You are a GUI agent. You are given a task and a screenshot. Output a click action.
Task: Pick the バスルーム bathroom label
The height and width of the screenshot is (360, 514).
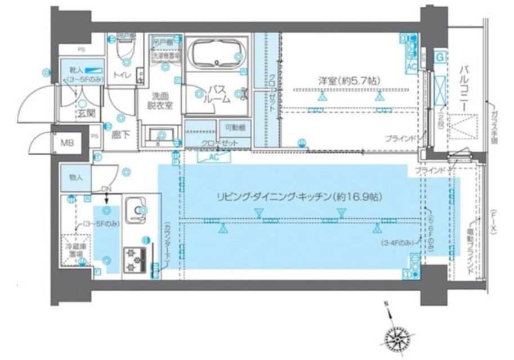tap(218, 94)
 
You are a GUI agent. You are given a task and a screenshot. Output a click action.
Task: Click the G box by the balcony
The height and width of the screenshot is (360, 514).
tap(439, 56)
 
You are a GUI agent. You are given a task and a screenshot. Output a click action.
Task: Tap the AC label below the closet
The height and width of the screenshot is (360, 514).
tap(213, 157)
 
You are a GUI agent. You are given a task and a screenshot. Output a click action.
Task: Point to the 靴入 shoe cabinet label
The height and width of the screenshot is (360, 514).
tap(76, 70)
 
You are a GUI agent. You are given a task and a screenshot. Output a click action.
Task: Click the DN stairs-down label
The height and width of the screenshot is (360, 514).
tap(106, 189)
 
